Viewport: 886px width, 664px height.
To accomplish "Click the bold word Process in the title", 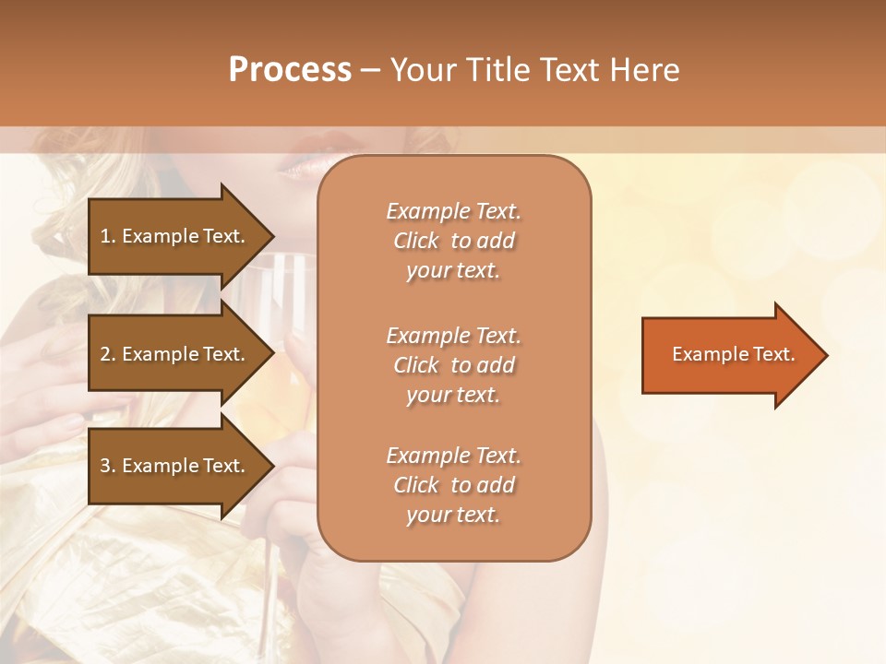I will click(290, 70).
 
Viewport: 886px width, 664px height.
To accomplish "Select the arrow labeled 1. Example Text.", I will click(175, 236).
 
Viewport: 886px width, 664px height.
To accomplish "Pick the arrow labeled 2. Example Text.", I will click(175, 354).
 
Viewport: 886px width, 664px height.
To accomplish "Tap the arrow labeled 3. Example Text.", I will click(175, 466).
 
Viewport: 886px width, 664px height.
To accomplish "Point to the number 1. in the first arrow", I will click(108, 236).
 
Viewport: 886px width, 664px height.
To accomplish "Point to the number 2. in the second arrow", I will click(108, 354).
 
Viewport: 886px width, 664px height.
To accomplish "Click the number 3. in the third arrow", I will click(108, 466).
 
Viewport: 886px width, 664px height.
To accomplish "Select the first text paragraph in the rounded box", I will click(453, 241).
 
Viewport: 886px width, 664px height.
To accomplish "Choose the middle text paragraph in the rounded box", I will click(453, 365).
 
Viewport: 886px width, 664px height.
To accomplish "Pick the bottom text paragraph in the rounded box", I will click(453, 485).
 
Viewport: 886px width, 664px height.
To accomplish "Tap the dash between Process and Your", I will click(370, 70).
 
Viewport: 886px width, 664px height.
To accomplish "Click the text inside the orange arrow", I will click(733, 355).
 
